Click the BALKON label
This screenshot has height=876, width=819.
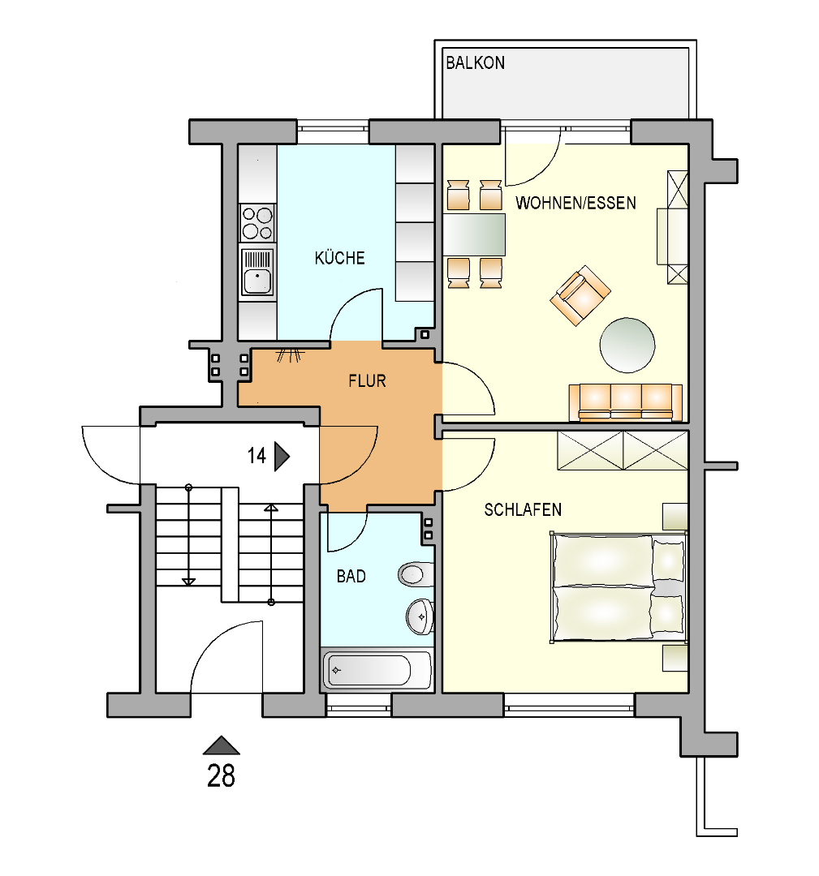point(475,62)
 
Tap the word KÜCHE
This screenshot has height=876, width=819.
point(340,258)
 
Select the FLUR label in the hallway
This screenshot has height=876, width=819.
point(368,381)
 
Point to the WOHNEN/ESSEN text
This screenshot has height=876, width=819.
point(575,203)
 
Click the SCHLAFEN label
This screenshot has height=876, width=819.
point(523,509)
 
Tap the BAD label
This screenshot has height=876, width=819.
point(351,576)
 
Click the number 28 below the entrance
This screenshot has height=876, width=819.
point(222,776)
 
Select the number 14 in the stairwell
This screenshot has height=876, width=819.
point(256,456)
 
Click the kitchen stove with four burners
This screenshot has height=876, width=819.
point(258,222)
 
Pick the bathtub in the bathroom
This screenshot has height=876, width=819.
point(377,669)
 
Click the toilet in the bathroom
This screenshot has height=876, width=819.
point(416,574)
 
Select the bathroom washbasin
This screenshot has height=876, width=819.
point(420,616)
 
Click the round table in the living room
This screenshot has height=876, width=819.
point(627,346)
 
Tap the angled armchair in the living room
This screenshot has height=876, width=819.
point(580,295)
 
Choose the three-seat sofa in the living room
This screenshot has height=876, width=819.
point(626,401)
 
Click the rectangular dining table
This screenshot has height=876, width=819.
point(474,234)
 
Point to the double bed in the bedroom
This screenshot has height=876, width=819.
point(619,587)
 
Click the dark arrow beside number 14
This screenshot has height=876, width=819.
point(282,457)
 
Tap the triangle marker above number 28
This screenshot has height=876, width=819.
point(222,745)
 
